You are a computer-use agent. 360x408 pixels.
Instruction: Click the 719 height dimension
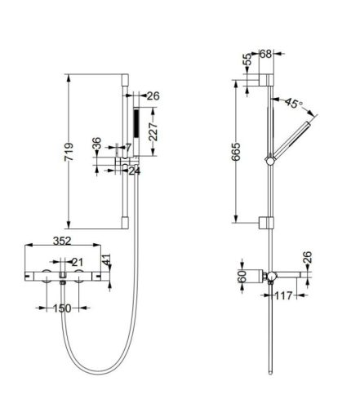click(69, 152)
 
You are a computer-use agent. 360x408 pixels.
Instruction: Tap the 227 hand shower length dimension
click(153, 131)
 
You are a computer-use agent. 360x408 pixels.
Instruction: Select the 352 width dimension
click(62, 241)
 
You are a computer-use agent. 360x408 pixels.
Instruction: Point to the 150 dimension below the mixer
click(62, 308)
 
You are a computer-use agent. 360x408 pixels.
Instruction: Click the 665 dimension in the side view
click(236, 152)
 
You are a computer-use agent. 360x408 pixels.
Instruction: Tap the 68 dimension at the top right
click(265, 54)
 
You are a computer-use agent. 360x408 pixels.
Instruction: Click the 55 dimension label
click(247, 60)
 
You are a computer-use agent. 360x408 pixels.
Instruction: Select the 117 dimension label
click(283, 295)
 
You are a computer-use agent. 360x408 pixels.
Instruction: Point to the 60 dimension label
click(242, 277)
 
